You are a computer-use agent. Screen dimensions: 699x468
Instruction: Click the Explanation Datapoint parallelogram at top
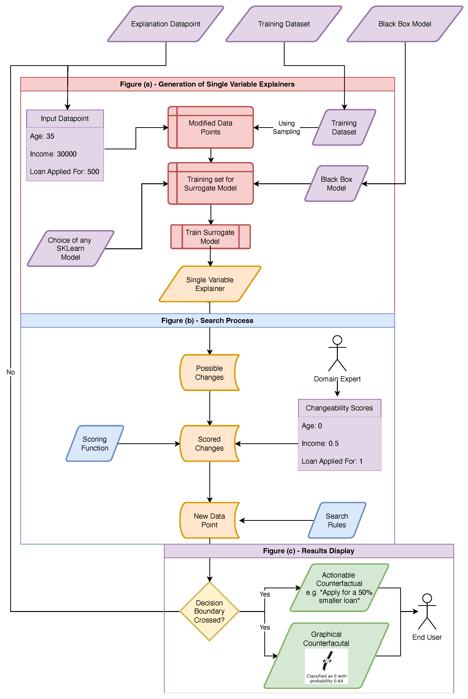166,24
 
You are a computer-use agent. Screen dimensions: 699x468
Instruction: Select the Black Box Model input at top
405,24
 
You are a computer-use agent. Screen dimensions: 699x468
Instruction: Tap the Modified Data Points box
211,128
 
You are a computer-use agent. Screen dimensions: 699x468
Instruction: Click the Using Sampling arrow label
286,128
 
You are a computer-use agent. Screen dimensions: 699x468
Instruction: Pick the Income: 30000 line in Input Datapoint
53,154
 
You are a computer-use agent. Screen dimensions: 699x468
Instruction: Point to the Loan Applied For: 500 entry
64,172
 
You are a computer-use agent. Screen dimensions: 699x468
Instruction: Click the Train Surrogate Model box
210,237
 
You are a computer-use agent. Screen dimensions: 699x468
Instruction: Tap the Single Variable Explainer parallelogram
210,284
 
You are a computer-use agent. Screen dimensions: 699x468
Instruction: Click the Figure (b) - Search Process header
207,320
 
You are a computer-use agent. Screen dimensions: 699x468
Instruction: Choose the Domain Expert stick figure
337,353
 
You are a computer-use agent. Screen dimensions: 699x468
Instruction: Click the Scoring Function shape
95,443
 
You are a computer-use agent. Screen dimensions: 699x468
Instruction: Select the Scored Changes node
209,443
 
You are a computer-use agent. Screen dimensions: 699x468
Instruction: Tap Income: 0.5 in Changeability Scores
320,443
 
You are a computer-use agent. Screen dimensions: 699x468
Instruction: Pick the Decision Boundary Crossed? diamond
209,611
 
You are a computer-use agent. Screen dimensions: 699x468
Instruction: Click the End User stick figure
427,611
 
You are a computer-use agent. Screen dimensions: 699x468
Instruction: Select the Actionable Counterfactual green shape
339,588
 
